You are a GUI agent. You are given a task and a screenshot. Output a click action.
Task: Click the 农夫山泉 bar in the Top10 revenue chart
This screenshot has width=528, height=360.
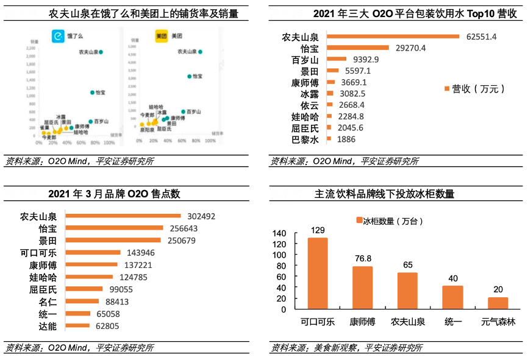393,37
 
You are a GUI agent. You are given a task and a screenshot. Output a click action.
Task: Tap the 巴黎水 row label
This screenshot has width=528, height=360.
305,139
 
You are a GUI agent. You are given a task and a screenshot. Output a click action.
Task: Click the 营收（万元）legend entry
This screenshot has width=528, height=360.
475,89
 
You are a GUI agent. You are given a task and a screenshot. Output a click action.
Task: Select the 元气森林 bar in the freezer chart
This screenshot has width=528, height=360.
498,303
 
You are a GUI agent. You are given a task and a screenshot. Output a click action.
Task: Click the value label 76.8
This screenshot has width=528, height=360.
362,258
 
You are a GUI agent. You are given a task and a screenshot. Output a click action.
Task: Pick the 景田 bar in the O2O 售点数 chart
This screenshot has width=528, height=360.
113,241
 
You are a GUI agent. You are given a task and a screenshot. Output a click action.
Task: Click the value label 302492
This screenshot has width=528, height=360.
201,216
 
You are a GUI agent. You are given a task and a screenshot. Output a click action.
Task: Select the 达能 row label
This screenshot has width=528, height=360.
47,326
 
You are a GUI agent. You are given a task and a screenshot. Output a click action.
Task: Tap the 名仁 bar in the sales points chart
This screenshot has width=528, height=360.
82,301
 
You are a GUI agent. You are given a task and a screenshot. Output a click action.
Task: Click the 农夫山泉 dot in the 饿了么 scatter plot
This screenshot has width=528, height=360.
101,52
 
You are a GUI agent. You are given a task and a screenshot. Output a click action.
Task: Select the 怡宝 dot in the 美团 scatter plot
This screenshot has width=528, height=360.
189,76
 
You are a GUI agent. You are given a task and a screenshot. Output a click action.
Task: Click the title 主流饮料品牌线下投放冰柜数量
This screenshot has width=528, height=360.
384,194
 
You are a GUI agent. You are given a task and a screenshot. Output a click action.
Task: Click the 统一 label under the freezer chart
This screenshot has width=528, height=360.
452,321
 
